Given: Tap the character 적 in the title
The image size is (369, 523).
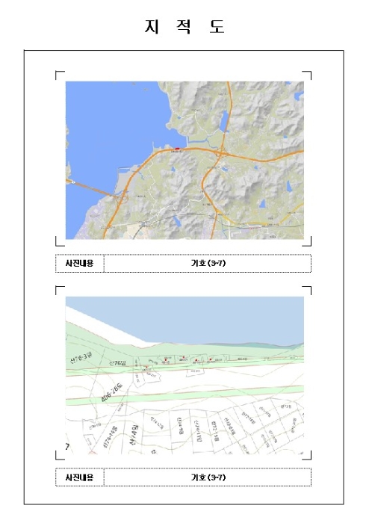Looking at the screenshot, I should (x=184, y=27).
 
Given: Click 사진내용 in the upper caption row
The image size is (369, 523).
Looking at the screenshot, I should (x=80, y=264).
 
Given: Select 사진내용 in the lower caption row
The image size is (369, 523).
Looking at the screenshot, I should (x=80, y=477).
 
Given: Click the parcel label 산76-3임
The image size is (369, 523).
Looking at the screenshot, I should (x=78, y=358).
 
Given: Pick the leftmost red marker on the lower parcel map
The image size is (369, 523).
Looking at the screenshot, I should (x=164, y=359).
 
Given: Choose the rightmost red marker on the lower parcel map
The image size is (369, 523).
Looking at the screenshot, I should (x=211, y=360).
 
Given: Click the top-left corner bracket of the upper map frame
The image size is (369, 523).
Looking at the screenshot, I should (x=58, y=74).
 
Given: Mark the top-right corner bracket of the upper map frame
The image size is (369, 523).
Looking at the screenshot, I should (x=309, y=74).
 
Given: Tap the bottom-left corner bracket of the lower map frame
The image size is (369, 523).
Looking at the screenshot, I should (x=58, y=457).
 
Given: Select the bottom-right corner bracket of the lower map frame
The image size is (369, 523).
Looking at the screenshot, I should (x=309, y=457).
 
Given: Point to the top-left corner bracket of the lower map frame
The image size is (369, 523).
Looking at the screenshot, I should (x=58, y=288).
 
